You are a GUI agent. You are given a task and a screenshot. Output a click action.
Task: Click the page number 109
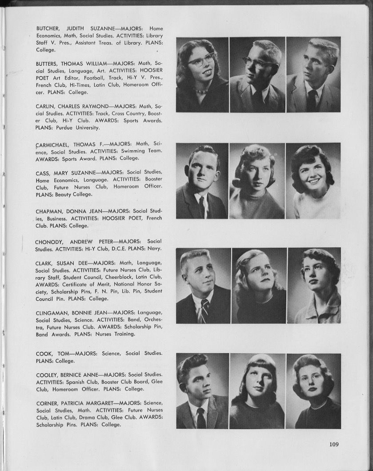[x=334, y=443]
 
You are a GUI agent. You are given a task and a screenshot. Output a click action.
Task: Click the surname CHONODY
[x=49, y=242]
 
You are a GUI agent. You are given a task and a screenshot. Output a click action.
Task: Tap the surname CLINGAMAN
[x=52, y=313]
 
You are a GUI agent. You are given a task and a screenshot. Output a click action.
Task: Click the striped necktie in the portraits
[x=204, y=310]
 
